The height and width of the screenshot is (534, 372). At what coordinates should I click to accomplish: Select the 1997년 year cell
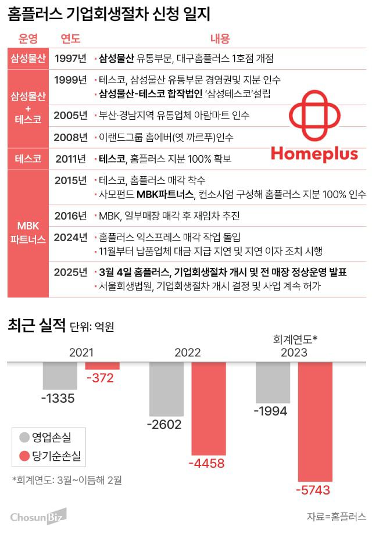[70, 58]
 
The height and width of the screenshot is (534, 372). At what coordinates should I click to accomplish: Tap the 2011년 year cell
[70, 158]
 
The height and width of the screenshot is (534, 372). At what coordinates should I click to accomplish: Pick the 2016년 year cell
[70, 216]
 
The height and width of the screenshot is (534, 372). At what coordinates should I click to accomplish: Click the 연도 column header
[70, 39]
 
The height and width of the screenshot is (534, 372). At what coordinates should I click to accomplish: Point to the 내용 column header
[220, 39]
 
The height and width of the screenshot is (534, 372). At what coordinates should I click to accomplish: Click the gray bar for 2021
[59, 375]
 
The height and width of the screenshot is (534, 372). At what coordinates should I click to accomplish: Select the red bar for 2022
[208, 408]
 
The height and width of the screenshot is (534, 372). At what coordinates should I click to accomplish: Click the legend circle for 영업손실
[24, 437]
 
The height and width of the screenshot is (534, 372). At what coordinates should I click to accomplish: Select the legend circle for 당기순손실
[24, 457]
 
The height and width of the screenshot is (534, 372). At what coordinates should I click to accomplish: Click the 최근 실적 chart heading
[36, 325]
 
